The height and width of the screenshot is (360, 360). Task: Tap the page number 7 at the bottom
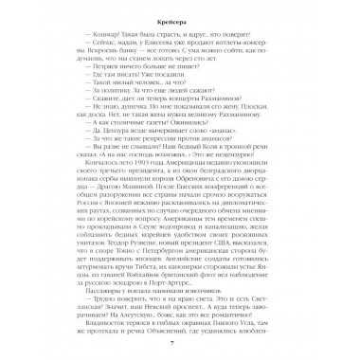tap(180, 347)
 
